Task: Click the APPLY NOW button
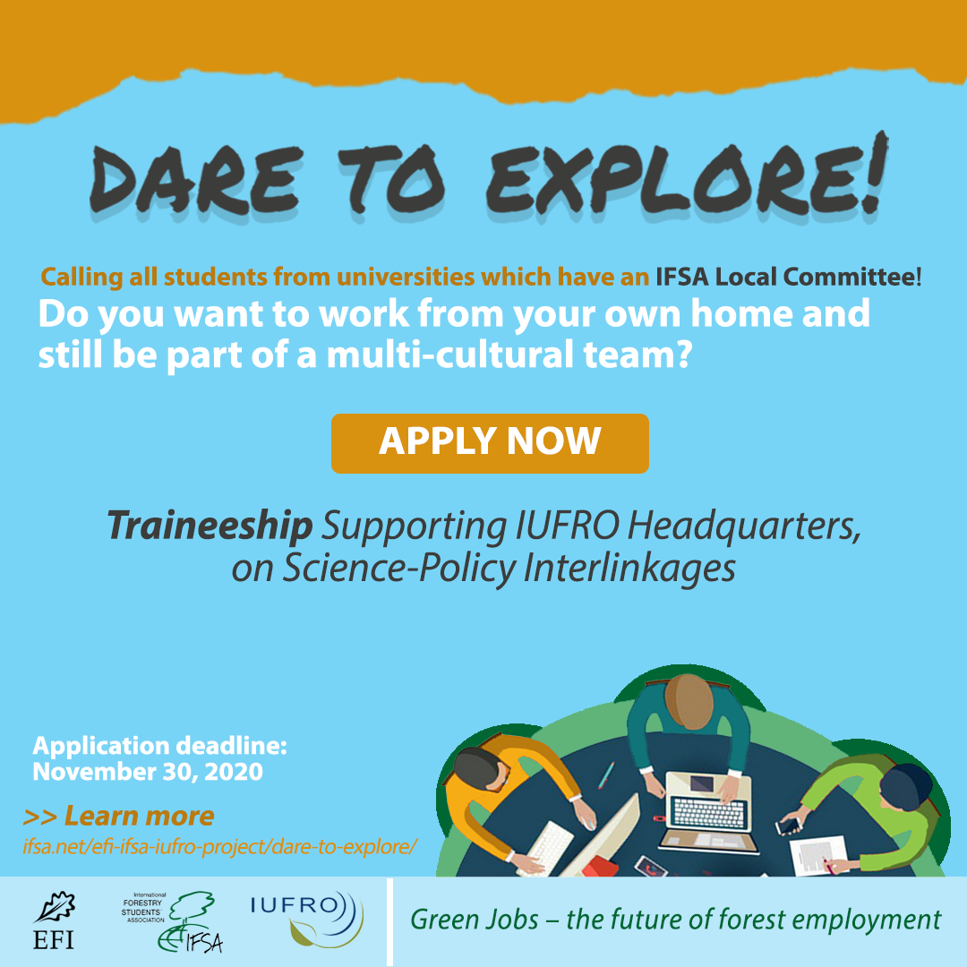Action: (x=490, y=443)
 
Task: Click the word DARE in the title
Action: (x=196, y=179)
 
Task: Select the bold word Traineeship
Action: (x=210, y=526)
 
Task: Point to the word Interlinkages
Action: (x=629, y=568)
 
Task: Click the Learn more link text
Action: (x=140, y=816)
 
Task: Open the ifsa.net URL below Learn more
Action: (x=220, y=847)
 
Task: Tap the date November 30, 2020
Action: (x=148, y=772)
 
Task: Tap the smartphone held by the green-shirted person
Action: (x=789, y=825)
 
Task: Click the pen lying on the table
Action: (x=605, y=775)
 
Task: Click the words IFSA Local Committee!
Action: (x=788, y=277)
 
